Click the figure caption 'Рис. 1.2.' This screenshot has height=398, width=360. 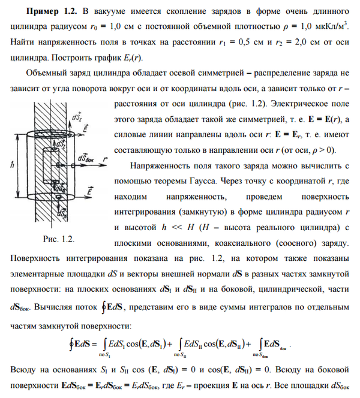point(59,239)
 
